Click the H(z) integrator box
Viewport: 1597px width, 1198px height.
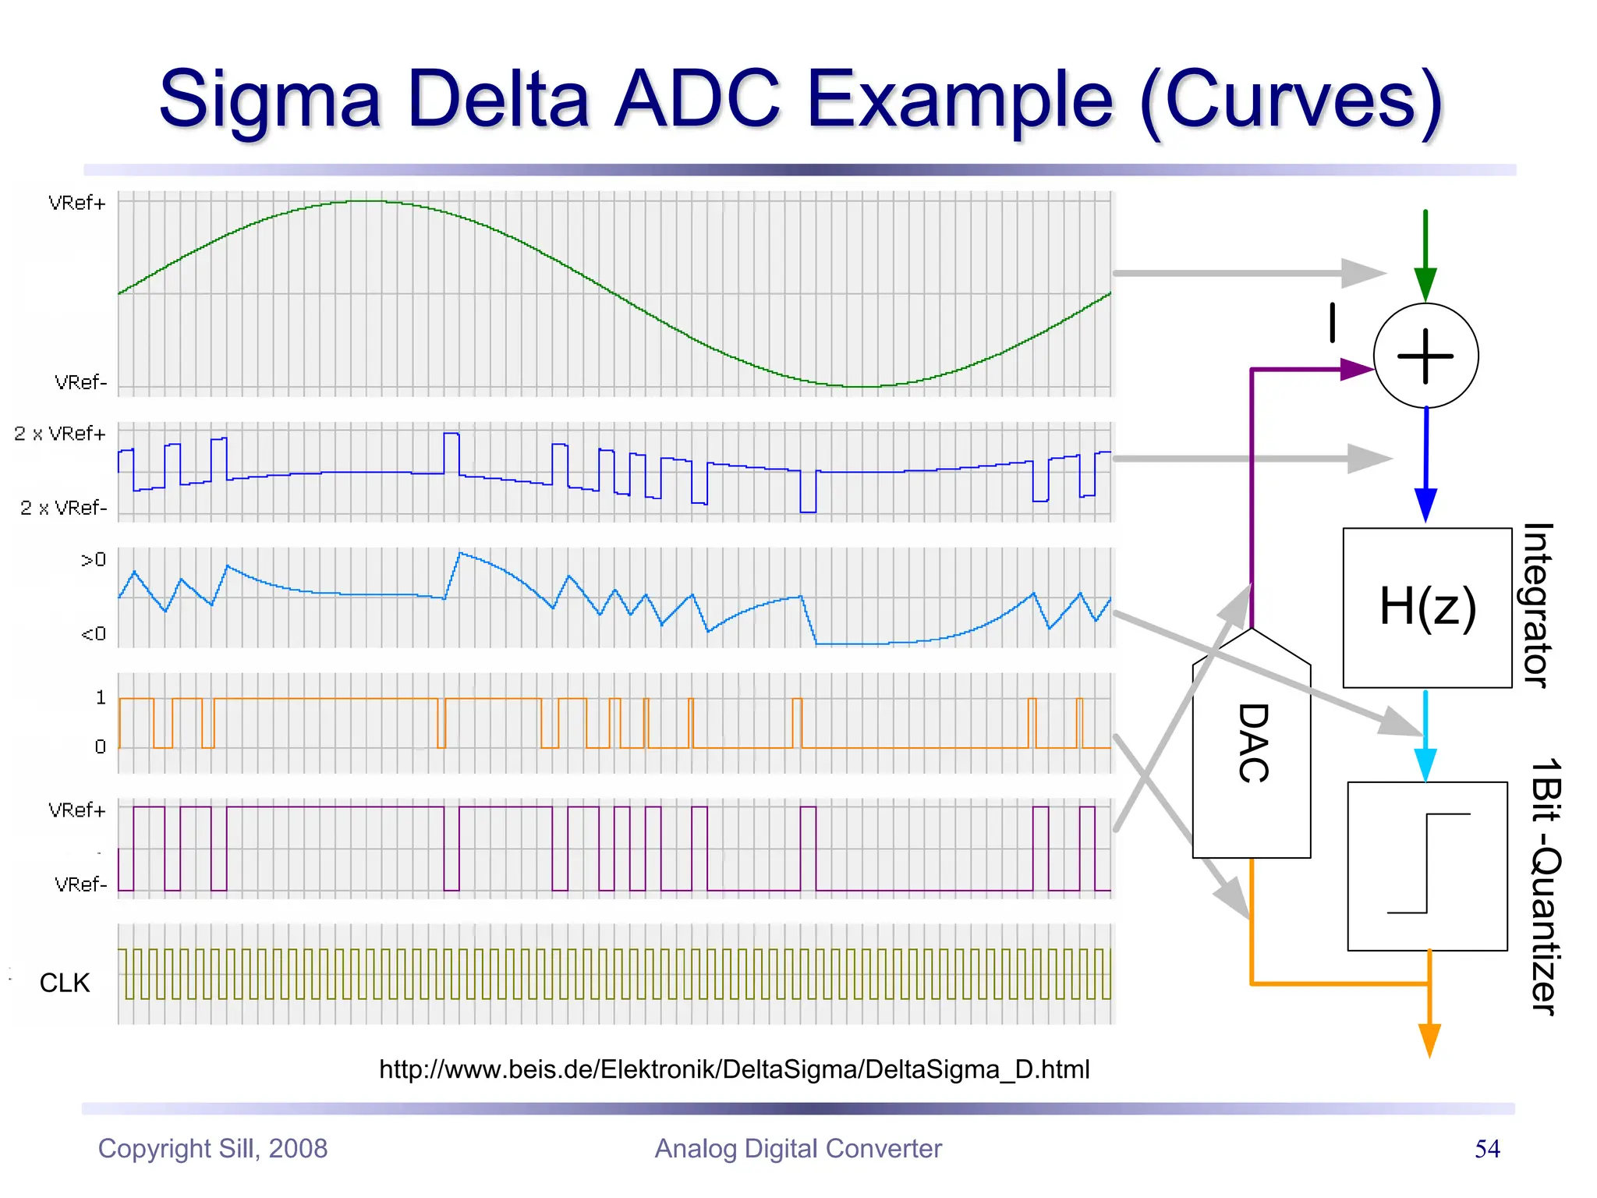point(1427,608)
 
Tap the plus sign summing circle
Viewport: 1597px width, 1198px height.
point(1425,356)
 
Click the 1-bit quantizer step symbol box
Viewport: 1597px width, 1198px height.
point(1427,866)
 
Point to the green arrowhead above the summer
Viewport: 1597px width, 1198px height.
point(1425,284)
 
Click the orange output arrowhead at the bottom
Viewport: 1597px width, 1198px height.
point(1429,1040)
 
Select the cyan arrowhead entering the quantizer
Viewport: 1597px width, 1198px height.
point(1425,764)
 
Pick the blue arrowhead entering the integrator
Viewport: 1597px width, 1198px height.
point(1425,505)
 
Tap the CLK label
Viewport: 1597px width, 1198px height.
point(65,983)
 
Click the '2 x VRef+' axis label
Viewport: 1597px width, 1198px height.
point(60,434)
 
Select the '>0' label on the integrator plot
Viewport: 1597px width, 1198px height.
point(94,559)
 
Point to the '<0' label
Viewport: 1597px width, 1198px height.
point(94,633)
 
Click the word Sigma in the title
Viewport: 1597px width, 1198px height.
point(270,100)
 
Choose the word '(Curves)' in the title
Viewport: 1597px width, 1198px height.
point(1291,100)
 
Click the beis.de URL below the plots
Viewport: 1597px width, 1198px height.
point(734,1069)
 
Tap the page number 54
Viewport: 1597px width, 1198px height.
point(1487,1149)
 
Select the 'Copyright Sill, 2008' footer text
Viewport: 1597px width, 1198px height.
point(213,1149)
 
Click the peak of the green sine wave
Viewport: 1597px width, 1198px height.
point(366,201)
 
